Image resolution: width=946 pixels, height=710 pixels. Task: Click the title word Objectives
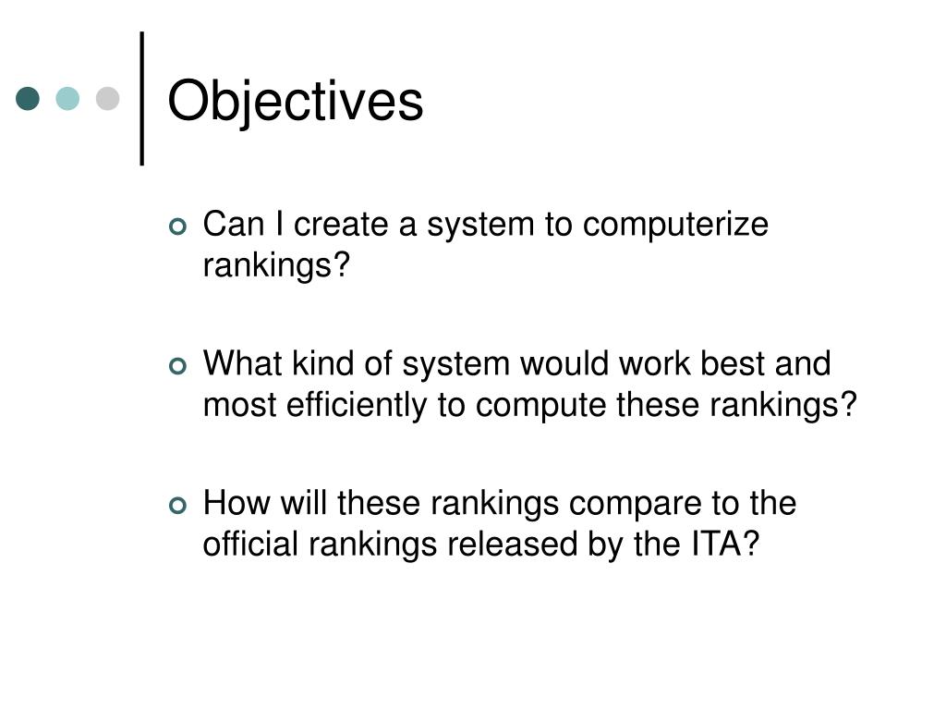295,101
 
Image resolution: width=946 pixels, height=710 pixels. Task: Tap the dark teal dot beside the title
29,98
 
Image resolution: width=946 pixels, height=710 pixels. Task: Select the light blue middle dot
67,98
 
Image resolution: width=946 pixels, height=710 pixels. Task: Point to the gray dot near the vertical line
108,98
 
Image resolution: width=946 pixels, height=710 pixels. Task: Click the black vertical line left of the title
142,98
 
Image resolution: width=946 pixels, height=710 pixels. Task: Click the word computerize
675,226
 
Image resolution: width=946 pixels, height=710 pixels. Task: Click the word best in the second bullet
727,364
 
